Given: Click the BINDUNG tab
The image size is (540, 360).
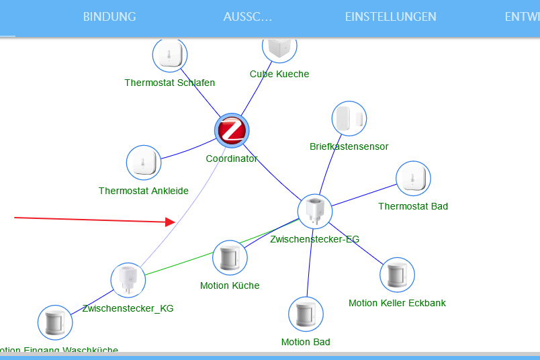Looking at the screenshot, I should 109,17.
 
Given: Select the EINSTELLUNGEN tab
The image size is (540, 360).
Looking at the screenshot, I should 390,17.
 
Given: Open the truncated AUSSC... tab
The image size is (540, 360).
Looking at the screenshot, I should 248,17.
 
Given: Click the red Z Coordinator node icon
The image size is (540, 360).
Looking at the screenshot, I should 232,130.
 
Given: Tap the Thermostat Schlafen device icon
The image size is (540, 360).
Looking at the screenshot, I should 170,54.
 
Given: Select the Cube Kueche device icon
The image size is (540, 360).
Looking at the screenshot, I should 279,47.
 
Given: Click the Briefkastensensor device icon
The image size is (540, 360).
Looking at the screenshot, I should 349,119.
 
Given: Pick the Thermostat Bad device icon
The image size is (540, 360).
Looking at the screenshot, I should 413,179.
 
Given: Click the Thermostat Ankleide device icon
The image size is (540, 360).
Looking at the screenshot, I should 144,163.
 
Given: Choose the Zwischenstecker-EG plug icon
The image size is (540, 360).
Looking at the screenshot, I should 315,211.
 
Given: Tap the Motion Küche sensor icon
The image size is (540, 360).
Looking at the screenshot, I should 230,258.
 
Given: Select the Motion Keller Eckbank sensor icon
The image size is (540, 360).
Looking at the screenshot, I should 397,275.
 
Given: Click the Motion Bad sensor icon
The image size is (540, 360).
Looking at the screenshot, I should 306,314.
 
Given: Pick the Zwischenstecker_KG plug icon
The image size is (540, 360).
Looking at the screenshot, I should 128,280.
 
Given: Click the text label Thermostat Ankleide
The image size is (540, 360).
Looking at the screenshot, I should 144,191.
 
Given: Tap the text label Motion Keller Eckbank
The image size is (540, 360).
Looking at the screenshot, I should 397,303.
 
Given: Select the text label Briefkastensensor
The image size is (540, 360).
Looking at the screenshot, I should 349,146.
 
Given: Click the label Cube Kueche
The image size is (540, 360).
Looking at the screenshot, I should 279,74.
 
